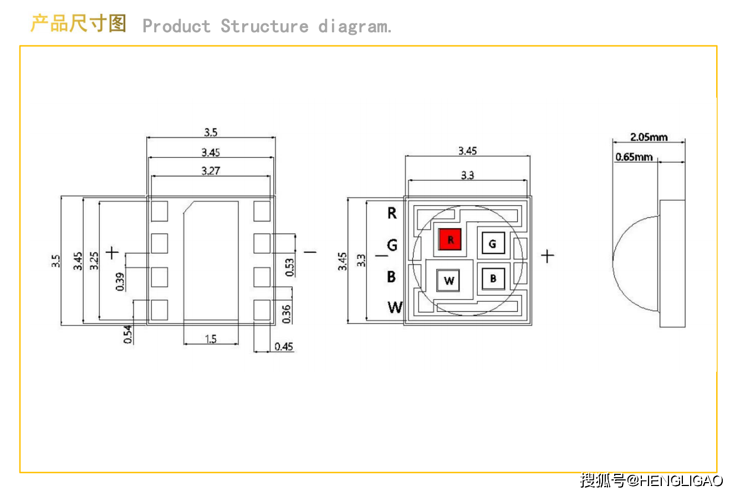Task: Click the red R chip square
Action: click(450, 240)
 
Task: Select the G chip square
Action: click(492, 243)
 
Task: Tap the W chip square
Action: click(448, 281)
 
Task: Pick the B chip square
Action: click(493, 279)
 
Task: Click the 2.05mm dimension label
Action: click(649, 136)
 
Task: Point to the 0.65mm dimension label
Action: click(634, 157)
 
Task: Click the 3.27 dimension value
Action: click(211, 171)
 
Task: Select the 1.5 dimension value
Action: click(211, 339)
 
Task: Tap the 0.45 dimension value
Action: click(284, 347)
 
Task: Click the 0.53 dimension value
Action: click(289, 267)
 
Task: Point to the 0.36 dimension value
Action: click(287, 314)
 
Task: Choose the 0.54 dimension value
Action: click(128, 335)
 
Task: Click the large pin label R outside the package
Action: click(392, 212)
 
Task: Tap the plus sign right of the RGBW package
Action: click(547, 256)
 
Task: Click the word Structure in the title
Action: click(264, 26)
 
